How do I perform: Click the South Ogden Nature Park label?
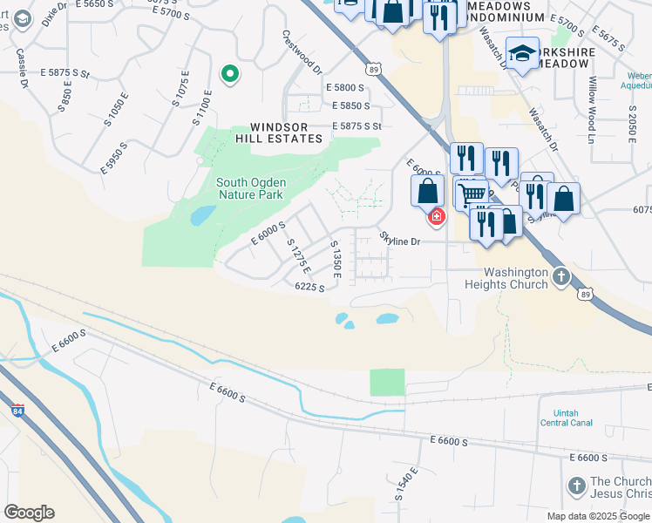point(249,188)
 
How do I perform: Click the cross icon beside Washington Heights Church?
point(560,277)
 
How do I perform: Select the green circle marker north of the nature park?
point(229,75)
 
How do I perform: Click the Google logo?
point(29,513)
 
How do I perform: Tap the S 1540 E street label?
point(406,485)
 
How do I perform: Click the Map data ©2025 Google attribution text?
point(597,516)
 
